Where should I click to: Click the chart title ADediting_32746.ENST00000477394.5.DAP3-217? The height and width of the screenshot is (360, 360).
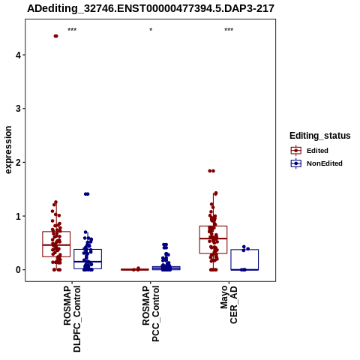tap(151, 9)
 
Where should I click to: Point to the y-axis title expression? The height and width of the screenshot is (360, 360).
tap(8, 150)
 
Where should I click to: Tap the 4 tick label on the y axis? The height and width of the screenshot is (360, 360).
tap(18, 55)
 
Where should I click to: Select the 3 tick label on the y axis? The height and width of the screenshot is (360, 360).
tap(18, 109)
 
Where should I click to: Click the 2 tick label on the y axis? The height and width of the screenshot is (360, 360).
tap(18, 163)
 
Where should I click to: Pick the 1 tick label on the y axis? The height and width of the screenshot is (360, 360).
tap(18, 216)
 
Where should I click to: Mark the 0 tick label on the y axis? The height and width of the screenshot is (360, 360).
tap(18, 270)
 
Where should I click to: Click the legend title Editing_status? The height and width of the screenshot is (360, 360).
tap(320, 136)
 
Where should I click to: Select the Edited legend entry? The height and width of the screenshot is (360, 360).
tap(309, 151)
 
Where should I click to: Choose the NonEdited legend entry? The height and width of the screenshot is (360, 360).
tap(316, 163)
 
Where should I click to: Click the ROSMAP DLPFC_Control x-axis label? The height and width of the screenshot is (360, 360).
tap(72, 319)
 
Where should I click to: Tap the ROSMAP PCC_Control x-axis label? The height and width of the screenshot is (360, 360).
tap(151, 313)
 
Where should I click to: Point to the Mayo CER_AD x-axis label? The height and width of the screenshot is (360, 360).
tap(229, 304)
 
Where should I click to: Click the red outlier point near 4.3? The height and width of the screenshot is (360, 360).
tap(55, 36)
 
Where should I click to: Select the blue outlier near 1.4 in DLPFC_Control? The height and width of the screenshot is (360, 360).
tap(86, 194)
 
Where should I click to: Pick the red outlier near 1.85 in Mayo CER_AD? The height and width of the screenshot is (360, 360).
tap(211, 171)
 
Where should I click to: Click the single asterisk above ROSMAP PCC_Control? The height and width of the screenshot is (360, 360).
tap(151, 30)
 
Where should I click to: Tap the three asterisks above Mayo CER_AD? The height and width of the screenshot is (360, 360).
tap(229, 30)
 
